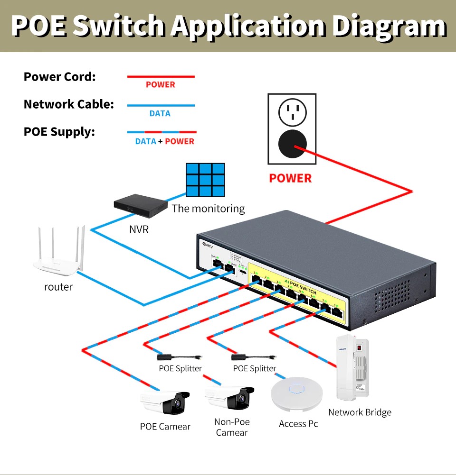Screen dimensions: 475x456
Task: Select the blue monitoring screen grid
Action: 205,180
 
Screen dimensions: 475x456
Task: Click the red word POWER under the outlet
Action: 290,178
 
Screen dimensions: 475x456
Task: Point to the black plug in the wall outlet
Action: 292,143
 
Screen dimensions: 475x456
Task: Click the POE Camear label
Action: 165,427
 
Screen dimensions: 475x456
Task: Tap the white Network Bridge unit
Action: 352,368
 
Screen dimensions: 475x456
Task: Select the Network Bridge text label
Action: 360,412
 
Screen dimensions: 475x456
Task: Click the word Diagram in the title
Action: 389,26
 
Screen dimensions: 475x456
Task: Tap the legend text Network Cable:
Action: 69,104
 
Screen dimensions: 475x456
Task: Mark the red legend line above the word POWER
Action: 161,76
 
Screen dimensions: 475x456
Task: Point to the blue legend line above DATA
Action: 161,105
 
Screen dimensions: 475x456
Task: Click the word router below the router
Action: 58,287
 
